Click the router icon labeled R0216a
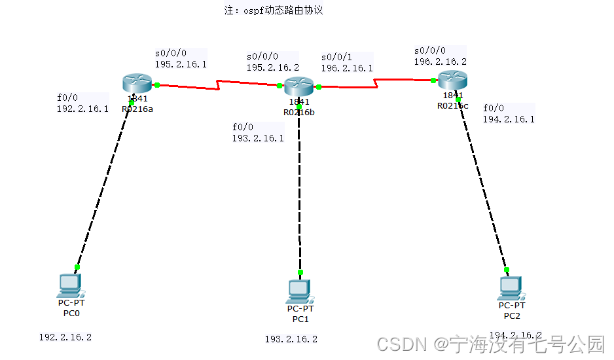point(137,83)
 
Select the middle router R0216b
point(299,86)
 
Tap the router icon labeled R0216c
point(452,80)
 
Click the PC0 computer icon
point(70,285)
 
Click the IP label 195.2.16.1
point(181,65)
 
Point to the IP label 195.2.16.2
point(272,67)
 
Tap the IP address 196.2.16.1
point(347,68)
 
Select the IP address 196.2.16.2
point(440,62)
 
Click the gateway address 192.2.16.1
point(82,109)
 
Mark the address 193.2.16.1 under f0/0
point(258,138)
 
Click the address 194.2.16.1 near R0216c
point(509,119)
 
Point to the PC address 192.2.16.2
point(65,338)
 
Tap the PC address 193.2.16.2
point(291,339)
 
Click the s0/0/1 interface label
point(336,57)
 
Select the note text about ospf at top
point(274,10)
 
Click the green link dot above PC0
point(77,267)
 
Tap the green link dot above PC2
point(506,269)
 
